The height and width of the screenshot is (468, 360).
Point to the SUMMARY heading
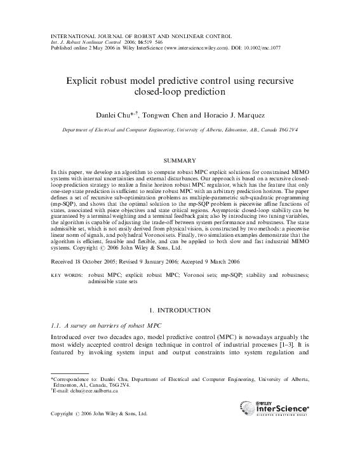coord(180,161)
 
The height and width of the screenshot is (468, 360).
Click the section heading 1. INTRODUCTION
coord(180,310)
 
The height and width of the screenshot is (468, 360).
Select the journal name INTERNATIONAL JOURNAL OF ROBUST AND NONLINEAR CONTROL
coord(140,35)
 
